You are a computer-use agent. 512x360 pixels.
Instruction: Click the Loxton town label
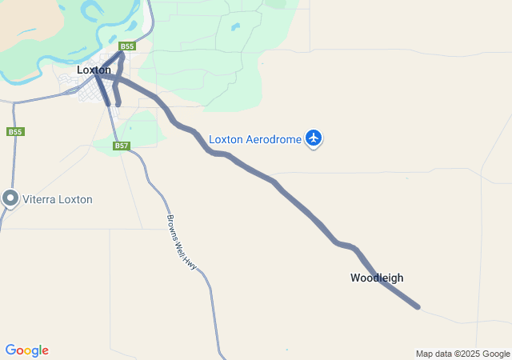pyautogui.click(x=94, y=70)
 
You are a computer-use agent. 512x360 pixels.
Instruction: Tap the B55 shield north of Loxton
pyautogui.click(x=127, y=47)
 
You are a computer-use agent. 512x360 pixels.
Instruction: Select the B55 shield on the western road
pyautogui.click(x=14, y=131)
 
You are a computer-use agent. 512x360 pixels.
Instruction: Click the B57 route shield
pyautogui.click(x=122, y=146)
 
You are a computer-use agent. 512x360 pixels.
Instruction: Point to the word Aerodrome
pyautogui.click(x=272, y=139)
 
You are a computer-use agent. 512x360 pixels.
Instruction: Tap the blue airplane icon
pyautogui.click(x=314, y=139)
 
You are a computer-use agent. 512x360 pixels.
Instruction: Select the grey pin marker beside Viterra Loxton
pyautogui.click(x=10, y=198)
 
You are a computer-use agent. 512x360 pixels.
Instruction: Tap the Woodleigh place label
pyautogui.click(x=377, y=278)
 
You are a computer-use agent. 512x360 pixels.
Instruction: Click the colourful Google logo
pyautogui.click(x=26, y=350)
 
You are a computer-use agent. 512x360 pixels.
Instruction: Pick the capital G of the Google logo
pyautogui.click(x=10, y=350)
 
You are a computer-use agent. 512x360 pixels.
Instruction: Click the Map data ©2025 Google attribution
pyautogui.click(x=462, y=354)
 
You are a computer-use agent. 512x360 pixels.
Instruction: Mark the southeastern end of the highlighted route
pyautogui.click(x=417, y=306)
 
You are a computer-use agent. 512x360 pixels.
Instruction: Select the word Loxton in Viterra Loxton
pyautogui.click(x=75, y=199)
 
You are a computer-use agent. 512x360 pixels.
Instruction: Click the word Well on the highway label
pyautogui.click(x=183, y=245)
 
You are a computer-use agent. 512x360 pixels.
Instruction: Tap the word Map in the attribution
pyautogui.click(x=424, y=354)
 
